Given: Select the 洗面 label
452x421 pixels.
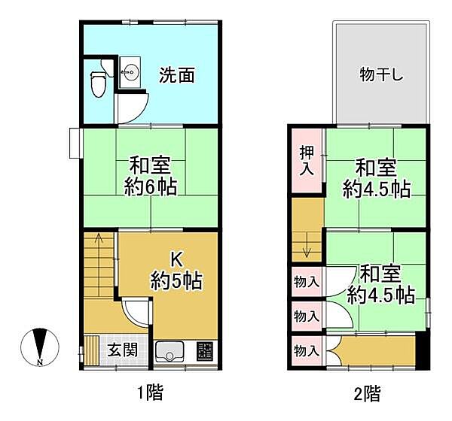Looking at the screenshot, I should [177, 74].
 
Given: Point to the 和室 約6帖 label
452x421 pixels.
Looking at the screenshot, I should [151, 175].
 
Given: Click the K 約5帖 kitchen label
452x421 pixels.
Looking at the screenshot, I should [175, 271].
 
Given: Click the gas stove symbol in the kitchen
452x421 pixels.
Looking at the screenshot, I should [205, 351].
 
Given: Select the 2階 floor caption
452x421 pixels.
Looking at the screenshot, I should [367, 392].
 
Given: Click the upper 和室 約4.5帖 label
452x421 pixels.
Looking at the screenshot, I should [377, 177].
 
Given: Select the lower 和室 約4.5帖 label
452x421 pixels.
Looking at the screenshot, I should [380, 283].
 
